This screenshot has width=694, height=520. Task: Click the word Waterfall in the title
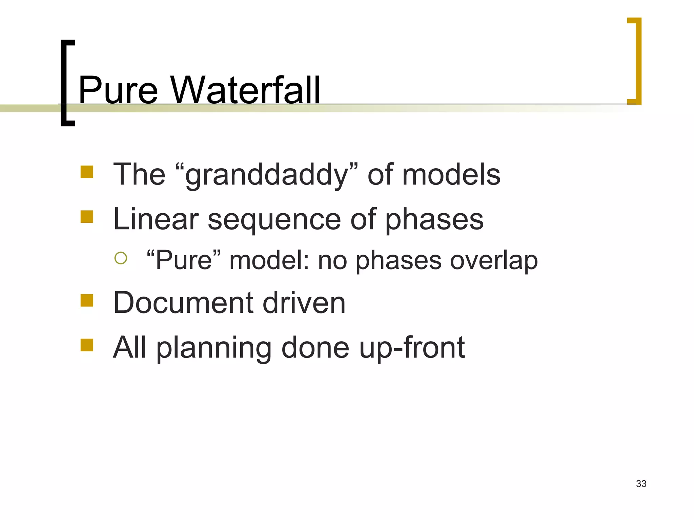tap(245, 90)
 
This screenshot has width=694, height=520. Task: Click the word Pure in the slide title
tap(118, 90)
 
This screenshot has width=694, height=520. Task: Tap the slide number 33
tap(641, 484)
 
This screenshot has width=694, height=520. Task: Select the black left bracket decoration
tap(65, 83)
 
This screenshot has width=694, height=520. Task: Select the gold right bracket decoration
tap(637, 61)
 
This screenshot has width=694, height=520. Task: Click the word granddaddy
tap(267, 175)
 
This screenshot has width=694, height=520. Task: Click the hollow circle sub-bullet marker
tap(121, 258)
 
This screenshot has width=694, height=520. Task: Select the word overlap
tap(494, 261)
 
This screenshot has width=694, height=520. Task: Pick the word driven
tap(304, 302)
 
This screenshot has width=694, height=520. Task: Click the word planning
tap(214, 348)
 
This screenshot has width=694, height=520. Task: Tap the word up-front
tap(412, 348)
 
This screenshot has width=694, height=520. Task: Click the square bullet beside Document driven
tap(87, 300)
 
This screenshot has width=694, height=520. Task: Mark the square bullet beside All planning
tap(87, 345)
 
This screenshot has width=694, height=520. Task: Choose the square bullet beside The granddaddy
tap(87, 172)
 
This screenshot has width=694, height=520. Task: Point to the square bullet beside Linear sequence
tap(87, 217)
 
